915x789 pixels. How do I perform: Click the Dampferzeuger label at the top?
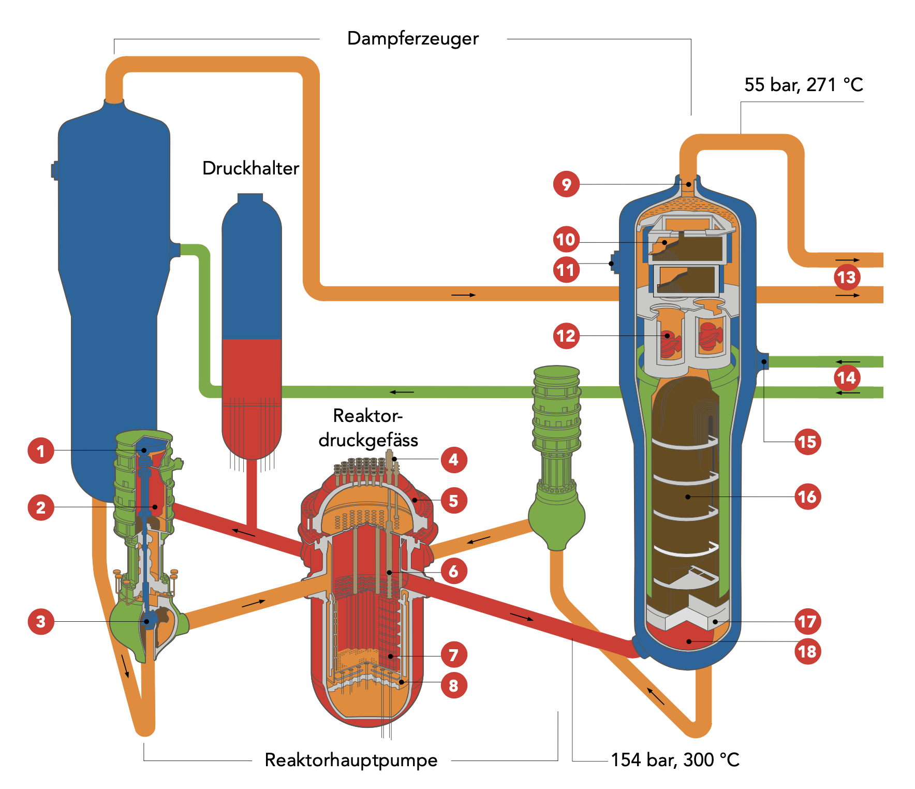point(412,39)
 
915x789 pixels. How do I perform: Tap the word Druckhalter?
point(250,168)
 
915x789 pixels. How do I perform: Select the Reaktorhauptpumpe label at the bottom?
point(351,760)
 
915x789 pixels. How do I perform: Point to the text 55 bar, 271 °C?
point(803,85)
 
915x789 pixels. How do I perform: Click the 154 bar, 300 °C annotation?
point(675,760)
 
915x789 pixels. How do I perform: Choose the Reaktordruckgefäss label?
point(368,428)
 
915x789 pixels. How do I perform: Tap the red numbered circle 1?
point(41,450)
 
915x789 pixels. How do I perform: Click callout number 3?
point(41,621)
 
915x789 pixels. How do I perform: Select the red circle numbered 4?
point(453,459)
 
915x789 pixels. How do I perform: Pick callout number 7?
point(453,655)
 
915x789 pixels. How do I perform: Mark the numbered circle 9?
point(566,184)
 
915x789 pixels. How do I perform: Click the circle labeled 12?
point(566,336)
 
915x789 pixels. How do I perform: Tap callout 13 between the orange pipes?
point(847,277)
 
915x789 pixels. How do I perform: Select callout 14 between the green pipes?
point(847,377)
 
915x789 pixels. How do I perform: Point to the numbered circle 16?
point(807,497)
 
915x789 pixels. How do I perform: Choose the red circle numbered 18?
point(807,651)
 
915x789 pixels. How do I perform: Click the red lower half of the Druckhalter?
point(252,393)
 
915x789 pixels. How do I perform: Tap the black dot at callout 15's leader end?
point(764,361)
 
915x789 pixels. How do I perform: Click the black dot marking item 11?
point(611,264)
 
